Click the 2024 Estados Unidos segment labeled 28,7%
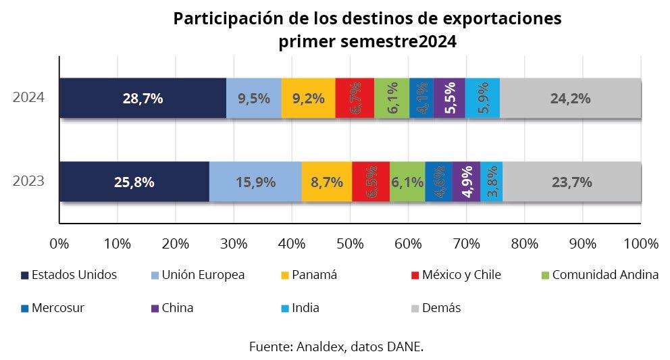click(x=143, y=98)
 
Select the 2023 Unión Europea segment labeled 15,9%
click(x=255, y=182)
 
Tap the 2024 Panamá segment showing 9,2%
click(x=308, y=98)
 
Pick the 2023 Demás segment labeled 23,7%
click(x=571, y=182)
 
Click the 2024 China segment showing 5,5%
click(x=449, y=98)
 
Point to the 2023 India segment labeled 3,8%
click(x=492, y=182)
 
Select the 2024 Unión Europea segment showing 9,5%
click(x=254, y=98)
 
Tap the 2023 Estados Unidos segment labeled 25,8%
click(x=134, y=182)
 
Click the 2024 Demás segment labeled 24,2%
click(x=571, y=98)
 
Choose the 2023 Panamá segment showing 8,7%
click(x=327, y=182)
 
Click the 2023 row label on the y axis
click(x=29, y=182)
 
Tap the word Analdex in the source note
click(x=319, y=347)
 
